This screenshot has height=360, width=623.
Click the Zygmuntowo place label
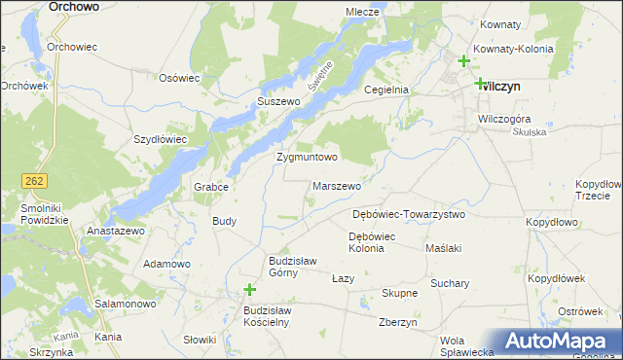(307, 157)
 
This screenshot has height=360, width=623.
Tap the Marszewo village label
(338, 186)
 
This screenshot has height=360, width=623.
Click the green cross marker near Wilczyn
(480, 84)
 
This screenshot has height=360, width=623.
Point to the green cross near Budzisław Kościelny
(250, 290)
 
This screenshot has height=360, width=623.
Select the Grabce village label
(210, 188)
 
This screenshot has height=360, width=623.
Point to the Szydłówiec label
(160, 139)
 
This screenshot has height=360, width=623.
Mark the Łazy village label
(343, 278)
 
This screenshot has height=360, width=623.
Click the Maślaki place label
(443, 248)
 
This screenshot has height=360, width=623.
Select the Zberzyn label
(398, 323)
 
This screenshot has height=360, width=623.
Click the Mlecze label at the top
(362, 12)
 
